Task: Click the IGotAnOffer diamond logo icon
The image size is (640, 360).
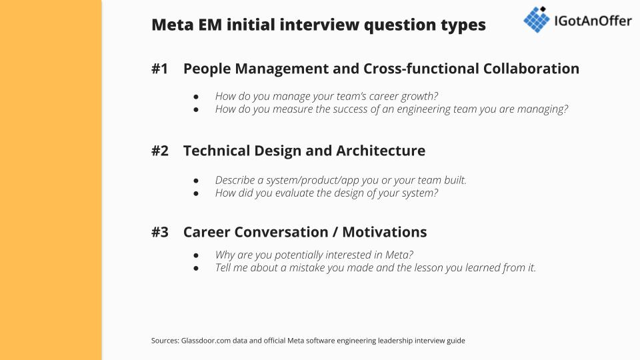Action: click(x=536, y=19)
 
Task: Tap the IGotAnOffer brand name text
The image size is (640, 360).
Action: click(x=593, y=21)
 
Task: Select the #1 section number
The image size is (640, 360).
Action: click(x=159, y=69)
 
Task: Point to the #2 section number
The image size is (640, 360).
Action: click(x=159, y=151)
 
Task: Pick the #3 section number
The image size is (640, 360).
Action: click(x=159, y=232)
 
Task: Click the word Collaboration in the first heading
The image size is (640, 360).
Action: click(x=531, y=69)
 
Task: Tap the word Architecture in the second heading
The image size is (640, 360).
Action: click(x=381, y=151)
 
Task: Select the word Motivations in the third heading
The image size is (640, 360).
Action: click(x=385, y=232)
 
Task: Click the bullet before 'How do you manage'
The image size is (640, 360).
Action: click(x=196, y=97)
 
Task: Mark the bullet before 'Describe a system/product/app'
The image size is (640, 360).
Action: click(x=196, y=181)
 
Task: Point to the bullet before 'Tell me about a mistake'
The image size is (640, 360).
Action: click(x=196, y=268)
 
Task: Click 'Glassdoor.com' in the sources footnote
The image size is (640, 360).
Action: click(x=206, y=341)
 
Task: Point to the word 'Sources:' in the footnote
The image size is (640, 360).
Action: click(x=165, y=341)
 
